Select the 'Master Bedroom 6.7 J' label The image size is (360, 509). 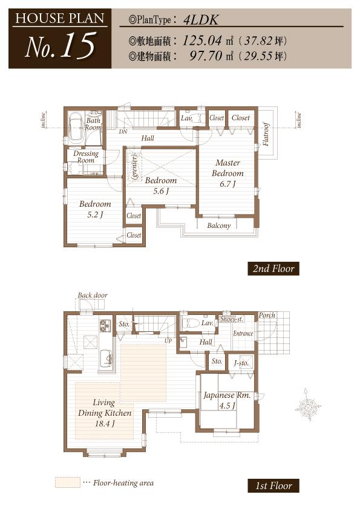[x=227, y=173]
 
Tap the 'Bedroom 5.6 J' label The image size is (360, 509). [x=160, y=186]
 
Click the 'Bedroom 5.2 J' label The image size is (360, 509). [x=95, y=209]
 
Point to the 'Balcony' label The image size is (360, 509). [x=218, y=226]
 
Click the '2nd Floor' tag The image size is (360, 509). [x=273, y=269]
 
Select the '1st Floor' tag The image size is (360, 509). [x=273, y=485]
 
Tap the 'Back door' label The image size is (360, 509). [x=92, y=296]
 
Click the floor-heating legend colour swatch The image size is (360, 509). [x=67, y=482]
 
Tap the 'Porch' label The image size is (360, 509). [x=266, y=315]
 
